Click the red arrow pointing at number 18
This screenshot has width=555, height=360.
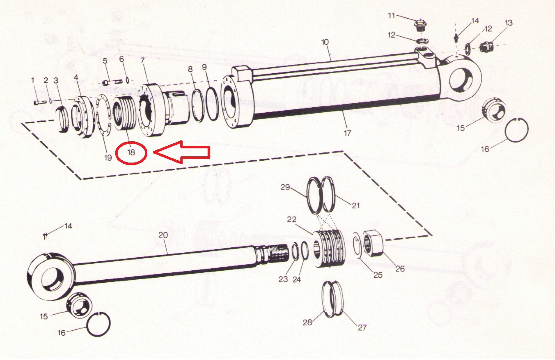(x=181, y=152)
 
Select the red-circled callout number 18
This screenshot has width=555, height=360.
(x=131, y=152)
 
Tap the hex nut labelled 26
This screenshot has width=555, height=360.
(x=373, y=243)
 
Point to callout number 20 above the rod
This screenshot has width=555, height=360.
(x=163, y=235)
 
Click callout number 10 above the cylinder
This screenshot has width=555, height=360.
(x=325, y=42)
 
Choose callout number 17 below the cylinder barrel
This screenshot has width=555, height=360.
(x=347, y=133)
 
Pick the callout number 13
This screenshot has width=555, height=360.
(x=508, y=23)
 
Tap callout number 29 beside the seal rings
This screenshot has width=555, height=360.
(x=285, y=187)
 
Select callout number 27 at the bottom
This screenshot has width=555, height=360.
(x=362, y=327)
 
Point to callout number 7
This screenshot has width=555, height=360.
(x=143, y=60)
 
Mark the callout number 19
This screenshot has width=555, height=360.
(x=108, y=158)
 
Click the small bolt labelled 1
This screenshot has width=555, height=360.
(x=40, y=102)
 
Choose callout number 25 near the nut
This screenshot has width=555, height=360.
(x=378, y=275)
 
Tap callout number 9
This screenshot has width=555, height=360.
(x=204, y=67)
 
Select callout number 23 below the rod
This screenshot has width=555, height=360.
(x=283, y=279)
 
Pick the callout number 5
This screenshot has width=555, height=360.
(x=105, y=61)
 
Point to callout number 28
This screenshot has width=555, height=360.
(x=307, y=322)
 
